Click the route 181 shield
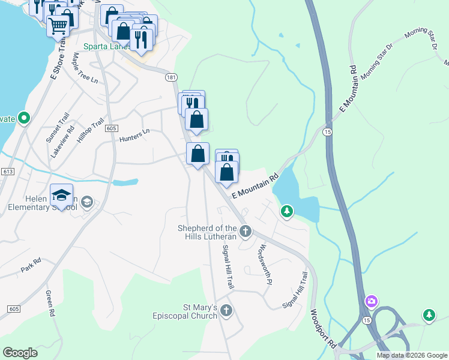[x=172, y=77]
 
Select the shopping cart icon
[x=58, y=26]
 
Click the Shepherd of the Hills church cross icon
[x=245, y=231]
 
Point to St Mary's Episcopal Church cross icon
[x=226, y=310]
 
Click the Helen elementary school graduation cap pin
[x=61, y=195]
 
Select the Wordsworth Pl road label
[x=265, y=265]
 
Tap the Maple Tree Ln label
[x=85, y=68]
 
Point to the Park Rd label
[x=30, y=265]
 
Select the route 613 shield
[x=8, y=172]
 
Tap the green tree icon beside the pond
[x=288, y=211]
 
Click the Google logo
[x=20, y=352]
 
